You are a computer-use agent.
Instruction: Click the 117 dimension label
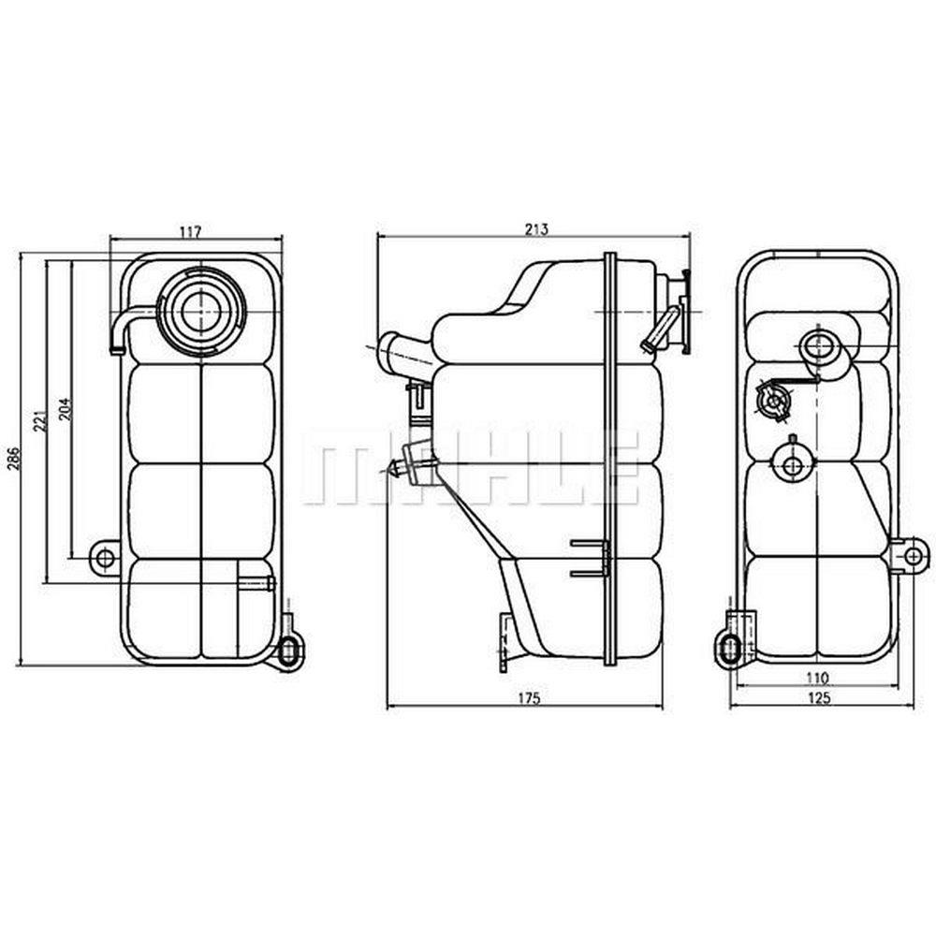point(190,231)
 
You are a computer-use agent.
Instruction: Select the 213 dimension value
point(536,228)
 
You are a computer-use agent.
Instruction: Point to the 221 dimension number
point(38,422)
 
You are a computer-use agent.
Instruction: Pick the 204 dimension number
point(66,409)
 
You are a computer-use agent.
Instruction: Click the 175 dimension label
point(528,697)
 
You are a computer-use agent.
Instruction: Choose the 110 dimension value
point(816,678)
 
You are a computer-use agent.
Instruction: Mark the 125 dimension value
point(818,697)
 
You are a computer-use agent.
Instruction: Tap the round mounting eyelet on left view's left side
point(105,558)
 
